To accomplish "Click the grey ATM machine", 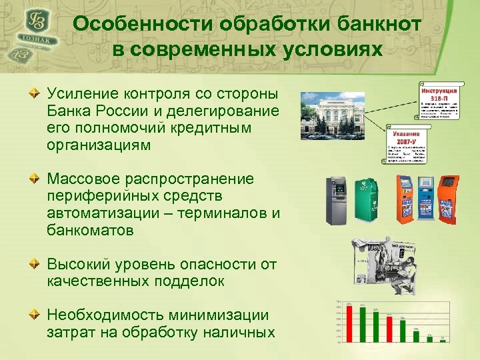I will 335,201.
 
